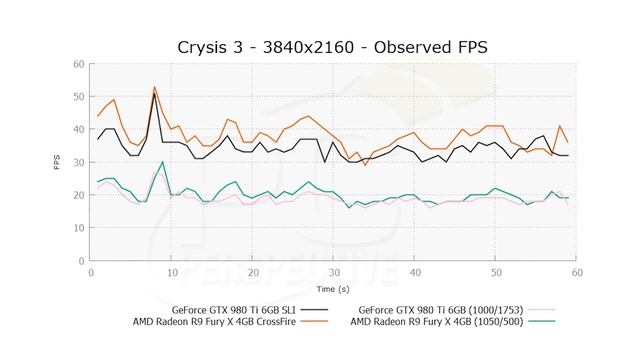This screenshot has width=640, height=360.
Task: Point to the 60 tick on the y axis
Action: (x=79, y=65)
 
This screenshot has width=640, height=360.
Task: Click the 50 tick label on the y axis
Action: (x=79, y=98)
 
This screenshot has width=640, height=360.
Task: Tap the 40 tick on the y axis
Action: (x=79, y=130)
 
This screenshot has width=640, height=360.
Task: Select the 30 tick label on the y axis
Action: (x=79, y=163)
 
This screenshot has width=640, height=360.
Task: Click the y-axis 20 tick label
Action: (x=79, y=195)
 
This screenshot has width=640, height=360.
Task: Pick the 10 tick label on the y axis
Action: (x=79, y=228)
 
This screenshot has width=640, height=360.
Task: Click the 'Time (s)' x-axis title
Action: (x=334, y=287)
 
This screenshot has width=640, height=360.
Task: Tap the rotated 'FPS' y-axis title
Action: (x=58, y=163)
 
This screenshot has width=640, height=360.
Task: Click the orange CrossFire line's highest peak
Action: (x=154, y=87)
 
